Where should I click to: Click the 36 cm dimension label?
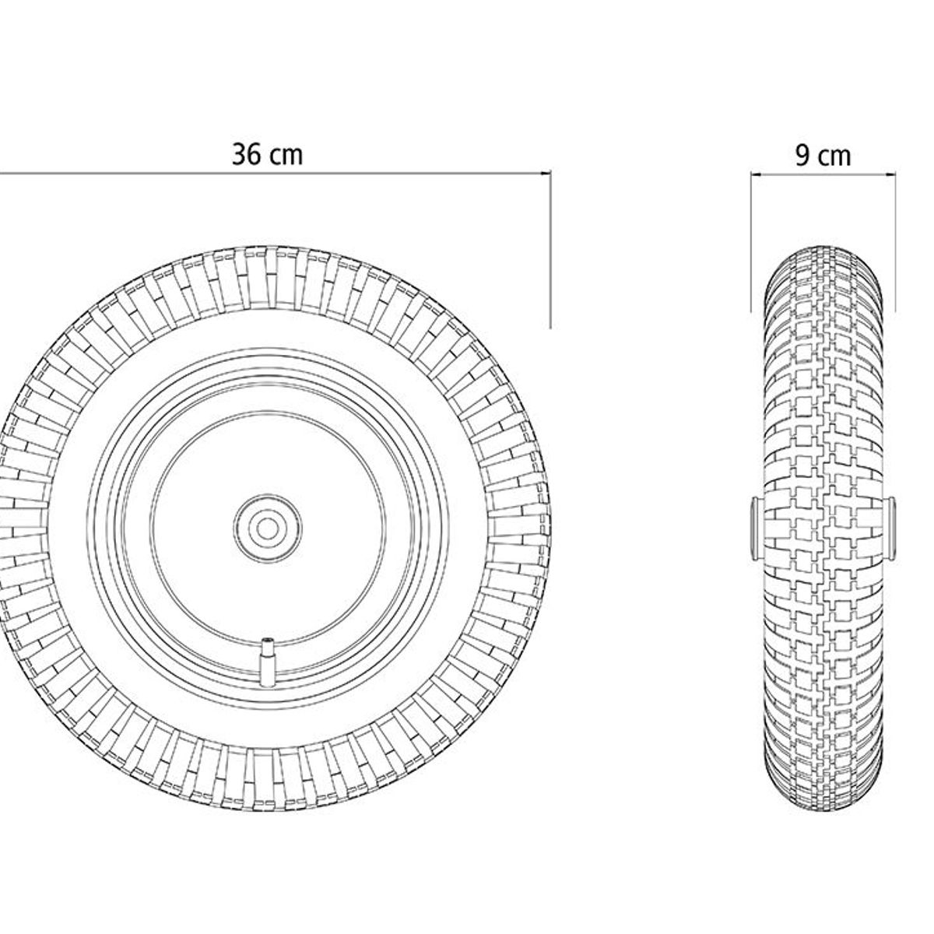[x=267, y=155]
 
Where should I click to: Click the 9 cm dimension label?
[x=823, y=156]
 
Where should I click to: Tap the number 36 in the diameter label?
[x=246, y=155]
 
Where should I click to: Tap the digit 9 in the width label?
[x=802, y=156]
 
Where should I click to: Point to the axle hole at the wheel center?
[x=267, y=528]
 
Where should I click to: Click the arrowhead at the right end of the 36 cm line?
[x=546, y=172]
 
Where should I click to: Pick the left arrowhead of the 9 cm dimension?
[x=757, y=174]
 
